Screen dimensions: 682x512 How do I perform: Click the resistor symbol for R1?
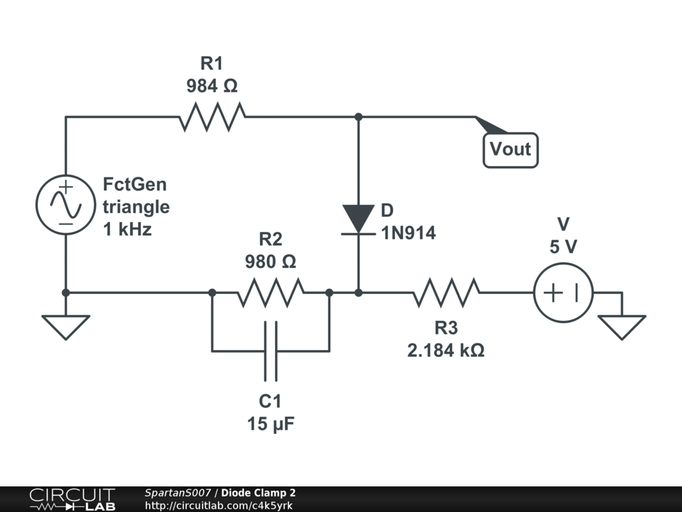coord(212,117)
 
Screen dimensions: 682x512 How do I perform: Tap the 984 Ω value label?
coord(212,86)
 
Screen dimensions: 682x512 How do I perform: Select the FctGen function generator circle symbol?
coord(66,205)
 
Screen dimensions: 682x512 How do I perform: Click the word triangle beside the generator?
coord(136,207)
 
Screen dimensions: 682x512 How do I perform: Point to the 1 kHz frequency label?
coord(127,229)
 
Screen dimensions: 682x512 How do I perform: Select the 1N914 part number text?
coord(408,233)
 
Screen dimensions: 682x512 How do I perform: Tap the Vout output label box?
coord(511,150)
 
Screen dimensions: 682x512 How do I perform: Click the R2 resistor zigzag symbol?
coord(270,293)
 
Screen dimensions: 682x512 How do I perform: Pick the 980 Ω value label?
coord(270,261)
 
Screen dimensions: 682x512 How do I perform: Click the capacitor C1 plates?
coord(270,351)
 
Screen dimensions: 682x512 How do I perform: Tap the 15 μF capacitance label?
coord(270,423)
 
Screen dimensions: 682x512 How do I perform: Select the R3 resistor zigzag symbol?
coord(446,293)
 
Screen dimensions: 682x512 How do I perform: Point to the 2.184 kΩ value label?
coord(446,350)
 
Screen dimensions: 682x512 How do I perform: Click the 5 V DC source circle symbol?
coord(563,293)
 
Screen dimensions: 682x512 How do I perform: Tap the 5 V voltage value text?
coord(563,247)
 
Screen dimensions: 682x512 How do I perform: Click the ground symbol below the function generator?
coord(66,327)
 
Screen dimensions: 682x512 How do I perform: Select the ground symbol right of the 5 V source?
coord(622,327)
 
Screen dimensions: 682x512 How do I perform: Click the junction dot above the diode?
coord(358,117)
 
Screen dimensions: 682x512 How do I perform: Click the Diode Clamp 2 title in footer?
coord(258,493)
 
